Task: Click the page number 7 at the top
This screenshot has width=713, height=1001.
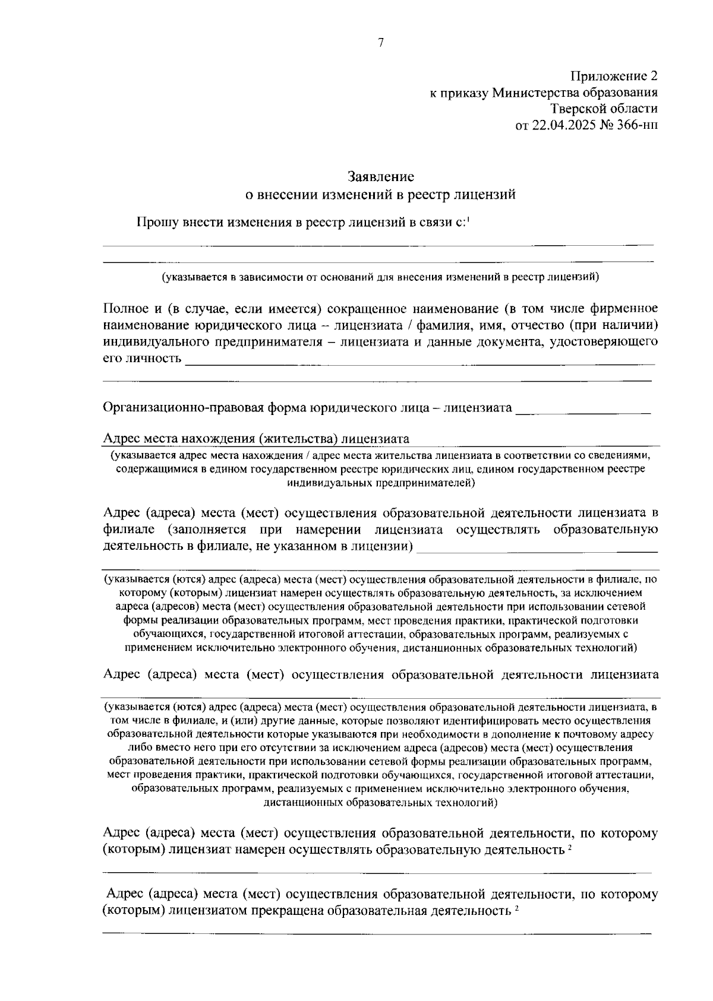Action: (x=381, y=42)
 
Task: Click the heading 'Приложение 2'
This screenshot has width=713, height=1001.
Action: (x=614, y=76)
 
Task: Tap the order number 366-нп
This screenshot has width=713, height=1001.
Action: (x=638, y=125)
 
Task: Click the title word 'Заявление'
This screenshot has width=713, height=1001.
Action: (x=380, y=177)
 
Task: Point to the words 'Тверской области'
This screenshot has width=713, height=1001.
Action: (x=604, y=109)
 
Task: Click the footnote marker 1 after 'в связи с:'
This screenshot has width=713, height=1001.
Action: (x=468, y=219)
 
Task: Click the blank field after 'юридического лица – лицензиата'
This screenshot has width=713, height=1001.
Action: (x=583, y=409)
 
